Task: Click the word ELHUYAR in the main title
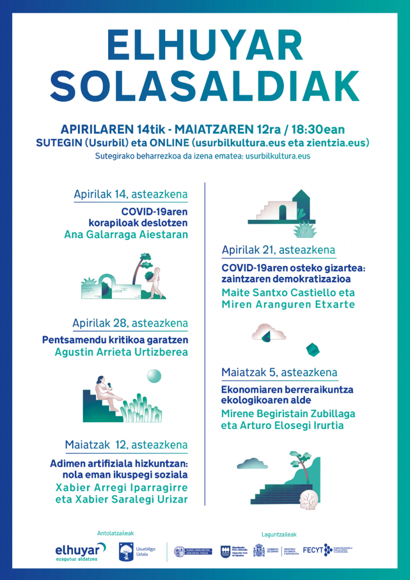205,44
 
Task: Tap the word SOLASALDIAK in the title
205,86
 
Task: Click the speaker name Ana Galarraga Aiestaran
126,234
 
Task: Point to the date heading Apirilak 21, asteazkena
279,250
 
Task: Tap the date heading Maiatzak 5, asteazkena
279,373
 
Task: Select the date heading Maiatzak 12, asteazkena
127,445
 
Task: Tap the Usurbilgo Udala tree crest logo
126,551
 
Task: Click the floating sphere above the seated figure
154,376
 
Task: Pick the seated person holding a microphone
107,392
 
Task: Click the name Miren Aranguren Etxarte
288,304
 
